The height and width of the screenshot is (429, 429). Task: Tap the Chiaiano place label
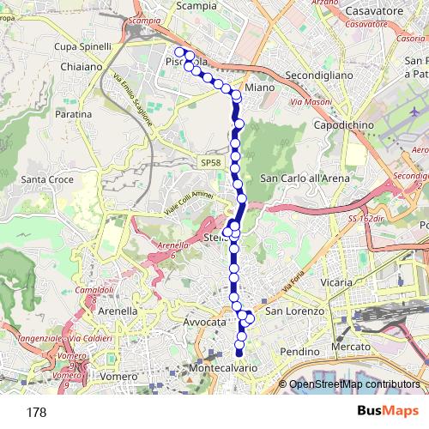[82, 66]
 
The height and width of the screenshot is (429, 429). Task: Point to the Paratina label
[73, 113]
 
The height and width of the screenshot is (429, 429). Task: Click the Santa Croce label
[47, 179]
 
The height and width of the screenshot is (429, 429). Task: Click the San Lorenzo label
[294, 311]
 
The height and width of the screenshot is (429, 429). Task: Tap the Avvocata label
[204, 321]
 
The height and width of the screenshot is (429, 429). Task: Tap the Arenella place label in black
[118, 310]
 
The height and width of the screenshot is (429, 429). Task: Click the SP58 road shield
[210, 162]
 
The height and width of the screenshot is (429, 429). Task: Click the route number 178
[36, 412]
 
